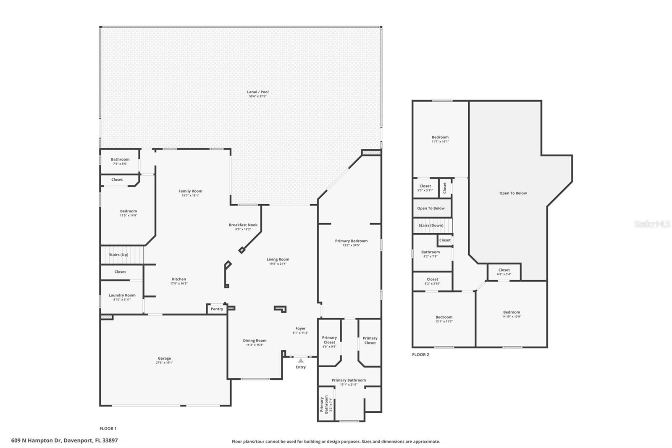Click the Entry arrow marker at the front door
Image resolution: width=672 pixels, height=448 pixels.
click(300, 361)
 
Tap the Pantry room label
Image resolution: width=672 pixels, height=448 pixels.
click(217, 309)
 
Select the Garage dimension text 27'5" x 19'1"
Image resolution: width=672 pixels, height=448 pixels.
click(164, 363)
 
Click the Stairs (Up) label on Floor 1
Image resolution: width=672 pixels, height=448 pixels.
click(118, 255)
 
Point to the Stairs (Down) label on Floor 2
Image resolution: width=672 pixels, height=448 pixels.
click(430, 226)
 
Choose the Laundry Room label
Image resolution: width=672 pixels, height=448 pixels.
click(122, 295)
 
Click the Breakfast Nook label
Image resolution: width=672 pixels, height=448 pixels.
click(243, 225)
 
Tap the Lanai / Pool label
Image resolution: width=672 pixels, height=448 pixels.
click(257, 92)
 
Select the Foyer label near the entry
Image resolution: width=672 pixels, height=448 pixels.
click(300, 329)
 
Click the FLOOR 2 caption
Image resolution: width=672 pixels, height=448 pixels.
click(420, 355)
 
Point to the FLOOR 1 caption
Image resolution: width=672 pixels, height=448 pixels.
click(108, 429)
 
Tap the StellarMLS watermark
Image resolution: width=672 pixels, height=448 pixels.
click(652, 224)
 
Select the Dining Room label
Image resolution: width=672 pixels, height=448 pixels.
click(255, 340)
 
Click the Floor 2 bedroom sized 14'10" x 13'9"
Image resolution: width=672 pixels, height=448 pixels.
click(511, 314)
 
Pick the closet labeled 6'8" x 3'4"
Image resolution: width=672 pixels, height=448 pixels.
click(504, 272)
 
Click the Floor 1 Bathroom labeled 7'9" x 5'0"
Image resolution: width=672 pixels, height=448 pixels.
click(120, 161)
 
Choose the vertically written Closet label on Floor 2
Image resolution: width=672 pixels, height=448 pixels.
click(445, 188)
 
